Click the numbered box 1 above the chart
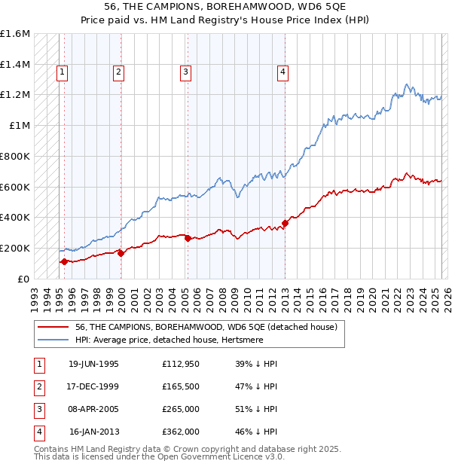pyautogui.click(x=62, y=72)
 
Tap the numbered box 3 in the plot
pyautogui.click(x=185, y=72)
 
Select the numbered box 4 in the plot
pyautogui.click(x=282, y=72)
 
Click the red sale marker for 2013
pyautogui.click(x=286, y=223)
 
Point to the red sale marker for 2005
pyautogui.click(x=188, y=238)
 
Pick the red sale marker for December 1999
pyautogui.click(x=121, y=253)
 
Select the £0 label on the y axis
pyautogui.click(x=23, y=279)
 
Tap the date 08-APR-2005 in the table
pyautogui.click(x=94, y=409)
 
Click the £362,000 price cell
pyautogui.click(x=181, y=432)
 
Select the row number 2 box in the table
pyautogui.click(x=38, y=386)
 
